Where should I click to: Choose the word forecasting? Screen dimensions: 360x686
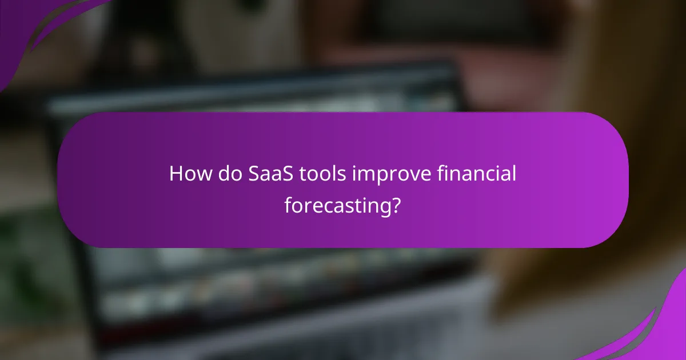point(337,205)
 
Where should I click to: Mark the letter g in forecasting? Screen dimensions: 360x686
point(384,207)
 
